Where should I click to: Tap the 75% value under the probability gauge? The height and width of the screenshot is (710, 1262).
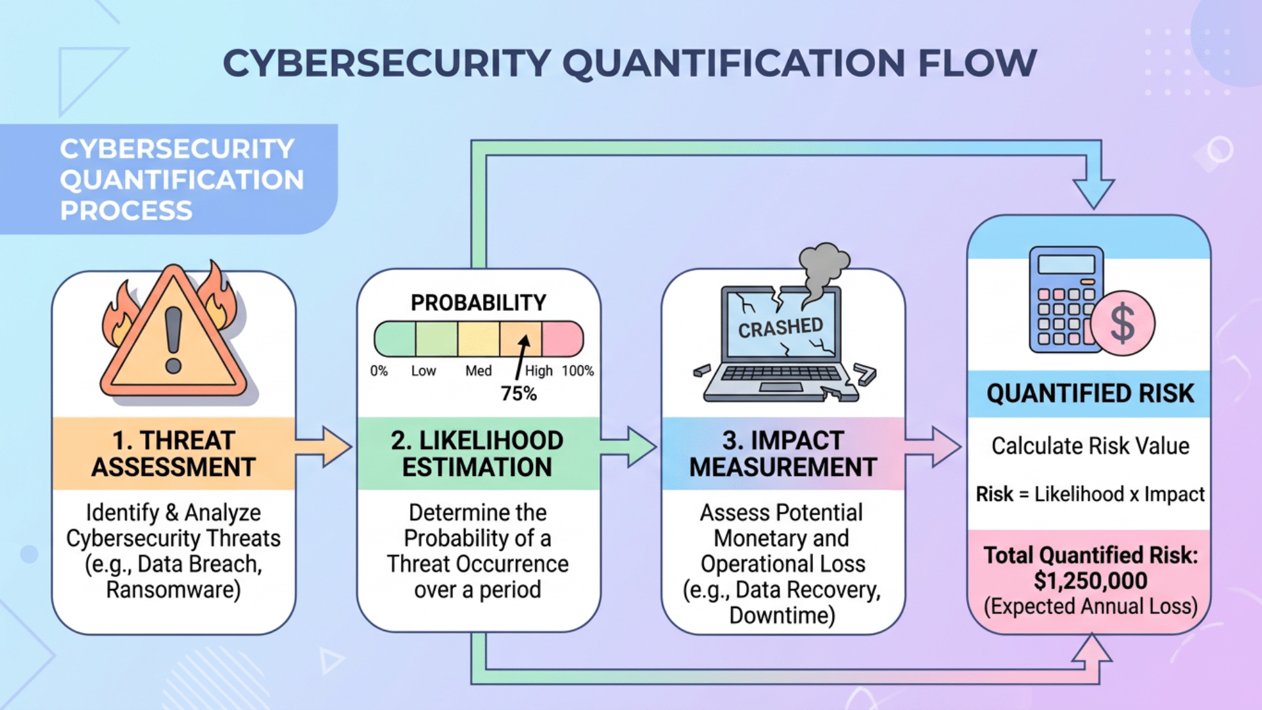click(x=519, y=394)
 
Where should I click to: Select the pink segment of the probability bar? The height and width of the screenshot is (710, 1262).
click(x=563, y=339)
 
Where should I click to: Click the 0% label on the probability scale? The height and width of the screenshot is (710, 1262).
click(x=379, y=371)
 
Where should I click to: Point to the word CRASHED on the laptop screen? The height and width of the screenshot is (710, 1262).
click(x=780, y=327)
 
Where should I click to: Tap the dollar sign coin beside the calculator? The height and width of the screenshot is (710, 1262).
click(x=1122, y=323)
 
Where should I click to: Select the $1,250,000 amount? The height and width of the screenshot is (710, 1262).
click(x=1090, y=581)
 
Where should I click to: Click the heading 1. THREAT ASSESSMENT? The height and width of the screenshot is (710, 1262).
click(x=174, y=454)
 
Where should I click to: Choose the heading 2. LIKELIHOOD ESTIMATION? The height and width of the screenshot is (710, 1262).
click(x=478, y=454)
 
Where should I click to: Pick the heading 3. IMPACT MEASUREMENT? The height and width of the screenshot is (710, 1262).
click(x=783, y=454)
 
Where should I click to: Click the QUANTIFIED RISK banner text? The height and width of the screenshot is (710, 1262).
click(x=1090, y=394)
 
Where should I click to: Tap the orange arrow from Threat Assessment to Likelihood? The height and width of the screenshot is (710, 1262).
click(x=325, y=447)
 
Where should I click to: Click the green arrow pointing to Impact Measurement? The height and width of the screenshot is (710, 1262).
click(x=630, y=447)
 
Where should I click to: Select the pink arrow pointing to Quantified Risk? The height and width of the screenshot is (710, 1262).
click(x=935, y=447)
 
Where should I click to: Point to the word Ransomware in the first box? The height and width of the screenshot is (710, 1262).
click(x=174, y=590)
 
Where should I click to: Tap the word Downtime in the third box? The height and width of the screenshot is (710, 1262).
click(x=782, y=616)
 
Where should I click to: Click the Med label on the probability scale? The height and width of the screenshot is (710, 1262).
click(x=479, y=371)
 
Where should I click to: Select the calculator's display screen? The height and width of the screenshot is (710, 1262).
click(x=1066, y=264)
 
